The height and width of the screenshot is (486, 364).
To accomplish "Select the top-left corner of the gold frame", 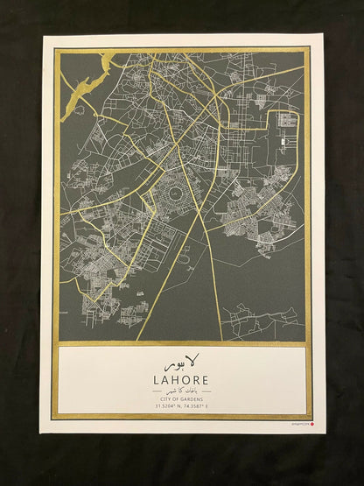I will [x=54, y=49].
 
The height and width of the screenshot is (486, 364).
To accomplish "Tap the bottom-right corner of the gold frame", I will [x=311, y=418].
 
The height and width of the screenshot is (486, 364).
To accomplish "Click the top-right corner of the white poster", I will [x=324, y=34].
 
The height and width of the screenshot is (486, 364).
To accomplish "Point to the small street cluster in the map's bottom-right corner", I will [x=262, y=320].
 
